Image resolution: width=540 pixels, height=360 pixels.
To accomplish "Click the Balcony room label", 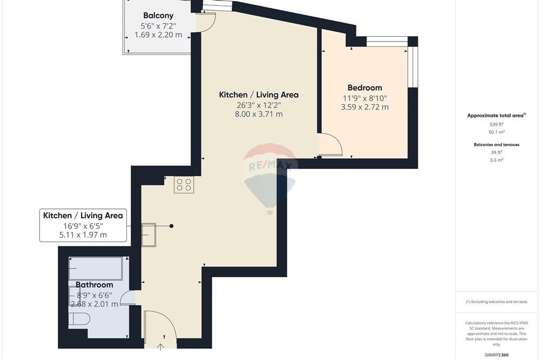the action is (x=158, y=16).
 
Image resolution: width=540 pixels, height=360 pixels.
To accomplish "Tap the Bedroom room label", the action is (x=364, y=88).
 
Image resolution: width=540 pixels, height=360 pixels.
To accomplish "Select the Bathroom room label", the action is (x=94, y=285).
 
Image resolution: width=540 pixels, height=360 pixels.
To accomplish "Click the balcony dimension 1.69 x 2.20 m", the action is (x=158, y=35).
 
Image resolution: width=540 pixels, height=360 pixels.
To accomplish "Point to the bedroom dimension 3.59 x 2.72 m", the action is (x=364, y=107).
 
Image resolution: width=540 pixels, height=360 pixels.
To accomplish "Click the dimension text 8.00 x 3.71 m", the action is (x=259, y=114).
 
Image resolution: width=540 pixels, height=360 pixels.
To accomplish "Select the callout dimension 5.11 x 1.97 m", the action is (x=83, y=235).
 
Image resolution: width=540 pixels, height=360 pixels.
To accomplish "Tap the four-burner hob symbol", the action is (x=184, y=185).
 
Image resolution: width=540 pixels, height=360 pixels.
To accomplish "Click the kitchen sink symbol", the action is (x=149, y=235).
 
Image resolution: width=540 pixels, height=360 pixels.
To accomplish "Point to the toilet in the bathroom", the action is (x=79, y=319).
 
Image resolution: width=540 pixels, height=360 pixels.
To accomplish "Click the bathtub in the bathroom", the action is (x=96, y=268).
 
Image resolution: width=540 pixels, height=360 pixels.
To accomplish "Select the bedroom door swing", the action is (x=330, y=145).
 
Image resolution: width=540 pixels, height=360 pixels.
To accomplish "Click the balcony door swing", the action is (x=206, y=23).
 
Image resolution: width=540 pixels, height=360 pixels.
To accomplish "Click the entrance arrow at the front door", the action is (x=160, y=346).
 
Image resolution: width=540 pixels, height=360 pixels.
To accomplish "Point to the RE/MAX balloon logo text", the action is (x=270, y=166).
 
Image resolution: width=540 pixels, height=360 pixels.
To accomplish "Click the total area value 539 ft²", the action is (x=496, y=124).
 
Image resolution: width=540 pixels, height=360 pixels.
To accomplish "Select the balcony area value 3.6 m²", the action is (x=496, y=160).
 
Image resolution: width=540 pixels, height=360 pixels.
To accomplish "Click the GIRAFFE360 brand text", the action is (x=496, y=355).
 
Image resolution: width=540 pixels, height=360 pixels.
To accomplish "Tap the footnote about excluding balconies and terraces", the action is (x=496, y=302).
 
